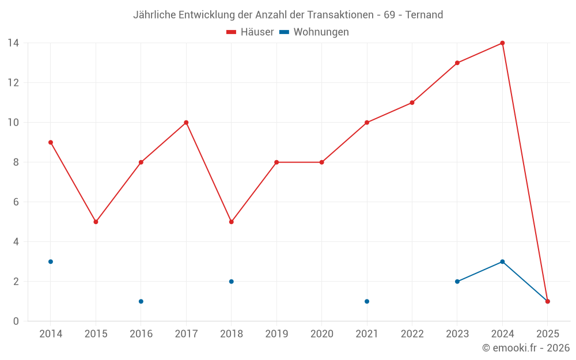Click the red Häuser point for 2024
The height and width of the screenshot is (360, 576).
click(502, 43)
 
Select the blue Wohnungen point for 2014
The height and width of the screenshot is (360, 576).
click(51, 262)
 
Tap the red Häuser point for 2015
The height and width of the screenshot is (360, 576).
click(96, 222)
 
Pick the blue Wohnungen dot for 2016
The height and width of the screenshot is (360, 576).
click(141, 301)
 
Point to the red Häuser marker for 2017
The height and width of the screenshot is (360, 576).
click(186, 123)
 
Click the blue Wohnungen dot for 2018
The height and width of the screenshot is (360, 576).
click(231, 282)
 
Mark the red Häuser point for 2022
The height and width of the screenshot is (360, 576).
click(412, 103)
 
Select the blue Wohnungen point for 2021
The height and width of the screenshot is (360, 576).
click(367, 301)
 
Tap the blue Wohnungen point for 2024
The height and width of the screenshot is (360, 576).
click(502, 262)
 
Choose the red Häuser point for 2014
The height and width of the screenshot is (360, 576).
click(51, 142)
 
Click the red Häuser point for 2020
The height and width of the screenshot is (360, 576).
click(321, 162)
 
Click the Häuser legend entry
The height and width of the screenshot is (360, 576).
click(250, 32)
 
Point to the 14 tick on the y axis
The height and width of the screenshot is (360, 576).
click(13, 43)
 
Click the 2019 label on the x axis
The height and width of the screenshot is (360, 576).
click(276, 334)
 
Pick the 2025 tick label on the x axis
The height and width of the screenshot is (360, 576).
click(547, 334)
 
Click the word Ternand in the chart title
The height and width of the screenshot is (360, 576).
click(424, 15)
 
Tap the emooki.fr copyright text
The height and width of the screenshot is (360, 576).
click(525, 348)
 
